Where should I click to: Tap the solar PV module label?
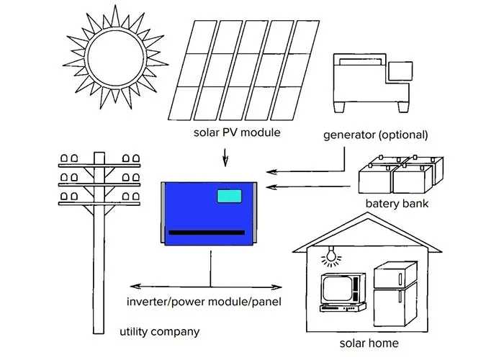pos(236,132)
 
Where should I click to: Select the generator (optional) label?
pos(375,135)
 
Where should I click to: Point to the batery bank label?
pos(397,204)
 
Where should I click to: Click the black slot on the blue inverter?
pos(208,233)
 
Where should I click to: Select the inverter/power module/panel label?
pos(204,301)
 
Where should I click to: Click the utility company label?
pos(159,332)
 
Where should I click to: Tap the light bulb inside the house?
pos(331,254)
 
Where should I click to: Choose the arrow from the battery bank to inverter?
pos(310,188)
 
